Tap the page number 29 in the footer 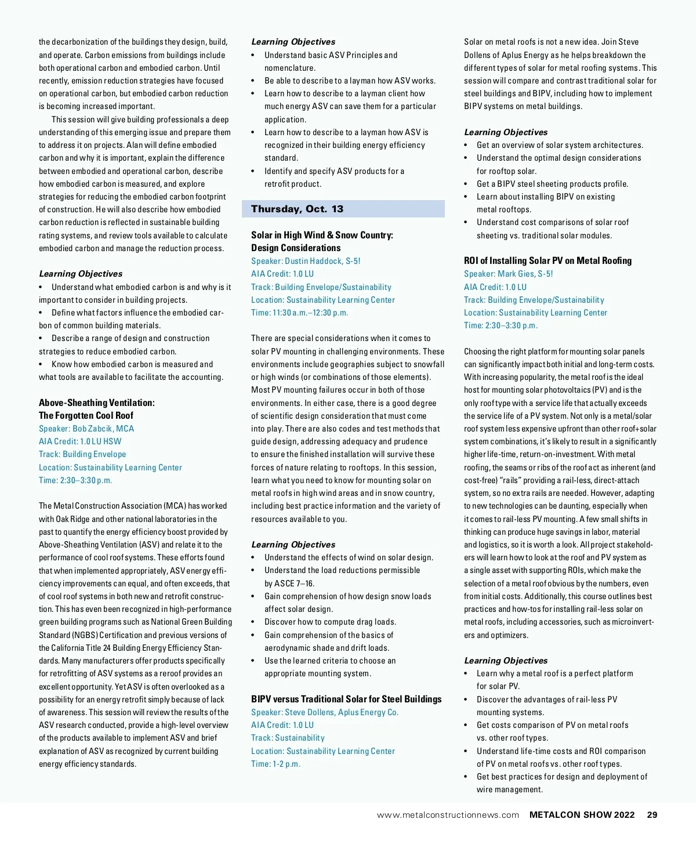[x=652, y=815]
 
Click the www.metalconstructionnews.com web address [x=448, y=815]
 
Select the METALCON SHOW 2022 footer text [x=582, y=815]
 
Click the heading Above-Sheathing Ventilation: [x=97, y=403]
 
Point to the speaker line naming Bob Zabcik [x=86, y=429]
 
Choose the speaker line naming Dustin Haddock [x=306, y=261]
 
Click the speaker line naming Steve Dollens [x=325, y=712]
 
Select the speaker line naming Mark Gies [x=508, y=274]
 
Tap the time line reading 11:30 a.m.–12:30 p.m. [x=299, y=313]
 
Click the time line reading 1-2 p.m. [x=275, y=764]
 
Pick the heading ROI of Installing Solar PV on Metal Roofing [x=548, y=260]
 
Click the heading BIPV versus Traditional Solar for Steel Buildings [x=346, y=699]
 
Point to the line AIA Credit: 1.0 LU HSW [x=80, y=441]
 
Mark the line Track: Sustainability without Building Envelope [x=288, y=738]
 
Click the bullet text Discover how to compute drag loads [x=330, y=622]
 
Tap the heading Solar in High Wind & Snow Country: [x=322, y=235]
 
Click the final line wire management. [x=510, y=789]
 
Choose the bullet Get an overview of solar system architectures [x=560, y=145]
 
